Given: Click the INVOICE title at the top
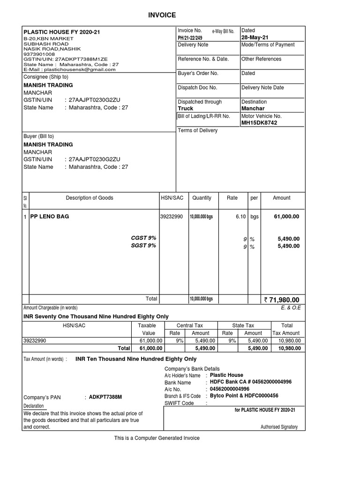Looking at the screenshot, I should coord(163,15).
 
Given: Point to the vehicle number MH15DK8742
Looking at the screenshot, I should coord(259,123).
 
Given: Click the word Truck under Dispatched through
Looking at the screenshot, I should coord(186,108).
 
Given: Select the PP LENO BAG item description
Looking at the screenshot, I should coord(50,217).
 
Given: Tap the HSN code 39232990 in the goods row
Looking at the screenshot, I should coord(172,217).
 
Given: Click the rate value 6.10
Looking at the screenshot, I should coord(240,217).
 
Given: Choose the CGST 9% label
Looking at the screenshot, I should coord(143,238).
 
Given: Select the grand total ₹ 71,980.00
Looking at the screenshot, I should coord(281,300).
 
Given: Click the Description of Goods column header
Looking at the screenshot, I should coord(90,198).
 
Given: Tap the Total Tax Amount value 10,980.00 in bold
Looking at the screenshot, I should coord(288,348).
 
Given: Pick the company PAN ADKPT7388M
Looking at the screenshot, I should coord(105,397).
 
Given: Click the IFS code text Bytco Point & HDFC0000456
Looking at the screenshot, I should coord(244,396).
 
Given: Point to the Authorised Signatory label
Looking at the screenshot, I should coord(279,427).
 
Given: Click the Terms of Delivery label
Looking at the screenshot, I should coord(198,130).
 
